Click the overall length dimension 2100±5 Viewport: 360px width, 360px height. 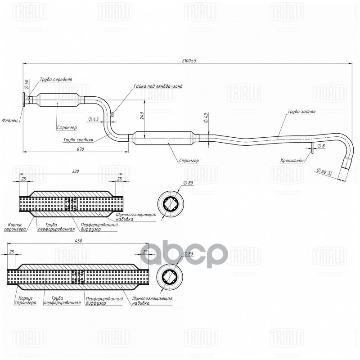[x=189, y=60]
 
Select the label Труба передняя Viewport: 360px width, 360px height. [x=55, y=79]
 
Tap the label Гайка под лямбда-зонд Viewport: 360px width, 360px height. [x=158, y=85]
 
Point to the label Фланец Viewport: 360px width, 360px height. [x=9, y=120]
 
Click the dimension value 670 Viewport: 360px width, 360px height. [x=80, y=148]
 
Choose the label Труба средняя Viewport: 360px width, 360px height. [x=78, y=139]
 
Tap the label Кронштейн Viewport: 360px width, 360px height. [x=292, y=160]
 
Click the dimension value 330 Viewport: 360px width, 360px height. [x=75, y=171]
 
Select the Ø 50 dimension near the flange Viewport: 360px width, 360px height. [x=27, y=84]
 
